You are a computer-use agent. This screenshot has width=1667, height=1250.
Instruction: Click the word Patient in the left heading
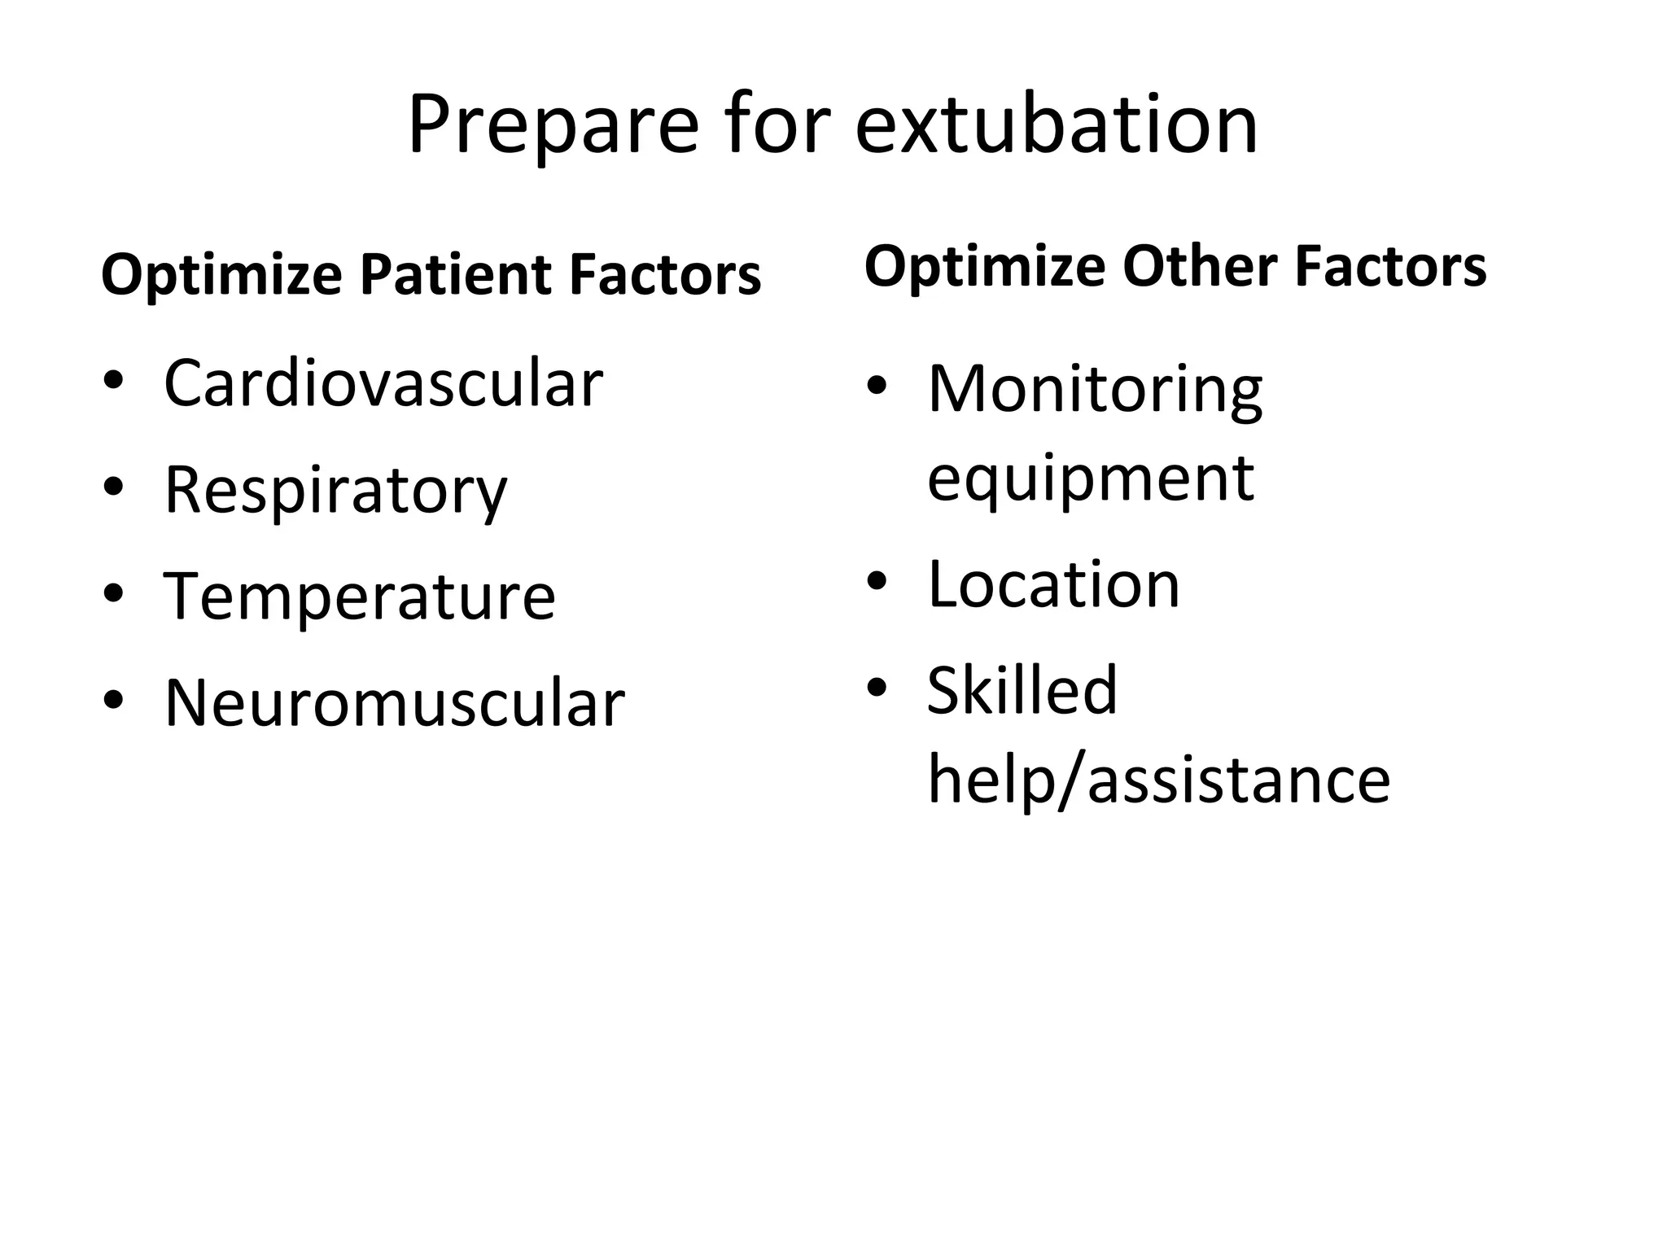tap(455, 275)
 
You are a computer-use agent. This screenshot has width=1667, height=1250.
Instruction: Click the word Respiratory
tap(335, 491)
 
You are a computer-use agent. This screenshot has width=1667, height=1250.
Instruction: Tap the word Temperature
tap(360, 597)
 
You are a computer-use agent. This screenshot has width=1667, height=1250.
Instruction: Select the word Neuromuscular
tap(395, 702)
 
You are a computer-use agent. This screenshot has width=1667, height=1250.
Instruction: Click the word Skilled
tap(1022, 690)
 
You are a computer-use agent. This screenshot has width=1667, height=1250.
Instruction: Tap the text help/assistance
tap(1158, 780)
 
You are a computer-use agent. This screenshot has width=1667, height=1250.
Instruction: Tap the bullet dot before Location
tap(877, 581)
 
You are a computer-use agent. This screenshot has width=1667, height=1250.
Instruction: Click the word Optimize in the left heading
tap(221, 275)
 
